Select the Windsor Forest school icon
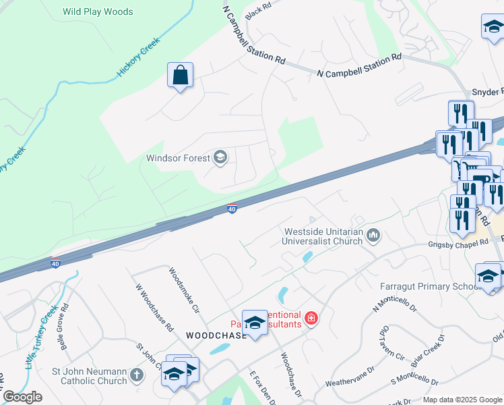[220, 158]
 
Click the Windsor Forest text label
[178, 159]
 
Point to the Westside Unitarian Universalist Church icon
[374, 236]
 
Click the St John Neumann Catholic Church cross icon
[137, 375]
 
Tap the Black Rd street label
[258, 9]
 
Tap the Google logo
[22, 396]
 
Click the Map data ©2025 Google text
[462, 400]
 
